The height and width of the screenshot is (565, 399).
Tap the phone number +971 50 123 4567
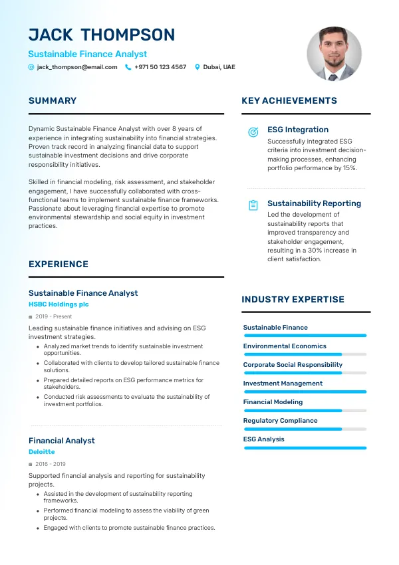coord(160,67)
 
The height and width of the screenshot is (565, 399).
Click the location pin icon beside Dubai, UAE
coord(197,67)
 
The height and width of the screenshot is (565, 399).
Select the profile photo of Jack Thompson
coord(334,55)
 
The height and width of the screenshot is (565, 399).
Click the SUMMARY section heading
coord(53,101)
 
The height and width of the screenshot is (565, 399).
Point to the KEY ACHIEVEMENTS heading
coord(289,101)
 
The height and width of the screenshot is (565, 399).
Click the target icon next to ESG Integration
coord(253,132)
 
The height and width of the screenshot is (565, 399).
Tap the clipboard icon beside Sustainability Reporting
coord(253,205)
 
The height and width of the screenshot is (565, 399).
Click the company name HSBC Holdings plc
coord(59,304)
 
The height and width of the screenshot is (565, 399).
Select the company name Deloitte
coord(42,452)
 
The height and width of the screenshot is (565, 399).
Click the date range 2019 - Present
coord(54,316)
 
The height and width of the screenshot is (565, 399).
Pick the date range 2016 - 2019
coord(51,464)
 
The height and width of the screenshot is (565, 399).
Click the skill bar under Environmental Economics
coord(305,354)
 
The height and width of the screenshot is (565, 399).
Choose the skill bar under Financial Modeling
coord(305,410)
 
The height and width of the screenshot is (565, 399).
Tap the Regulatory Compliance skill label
coord(280,421)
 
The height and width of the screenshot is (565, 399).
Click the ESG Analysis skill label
coord(263,439)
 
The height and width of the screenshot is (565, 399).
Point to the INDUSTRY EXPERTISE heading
coord(293,300)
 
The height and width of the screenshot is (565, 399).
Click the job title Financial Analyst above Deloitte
coord(62,441)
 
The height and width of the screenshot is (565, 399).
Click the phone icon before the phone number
coord(128,67)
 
